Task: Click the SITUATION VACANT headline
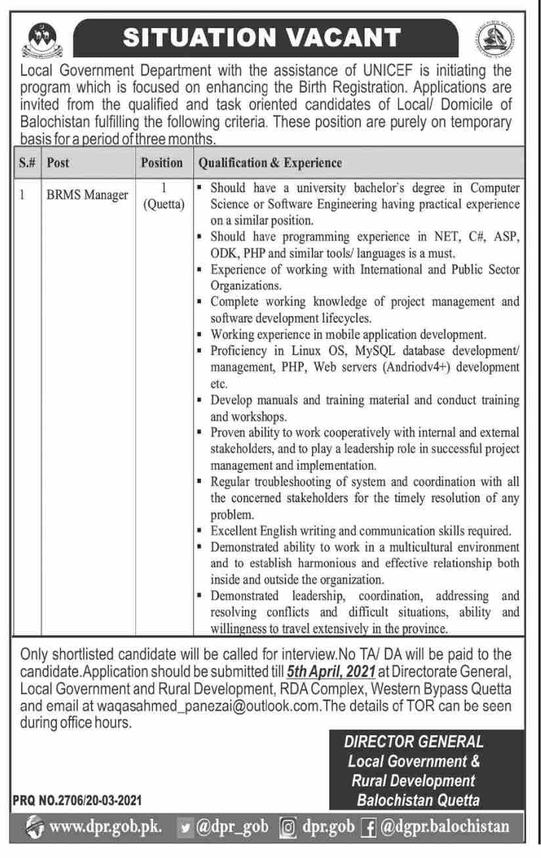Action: click(262, 37)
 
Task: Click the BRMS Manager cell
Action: click(87, 195)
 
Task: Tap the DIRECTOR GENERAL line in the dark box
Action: click(414, 742)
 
